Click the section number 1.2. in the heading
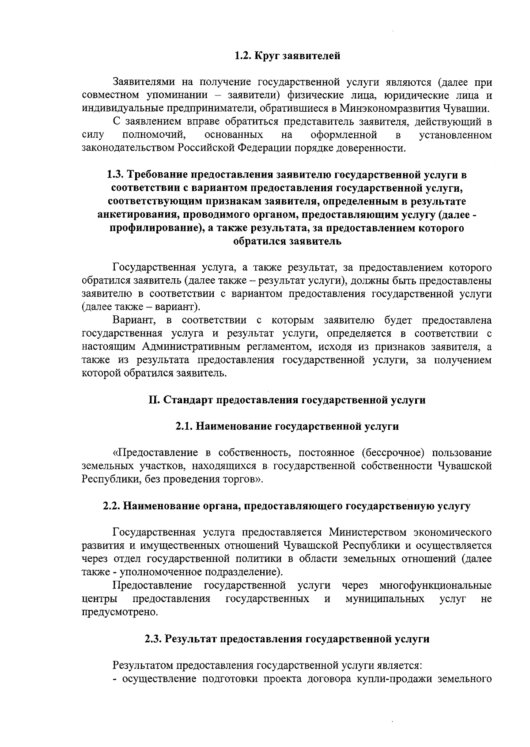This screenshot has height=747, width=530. click(242, 56)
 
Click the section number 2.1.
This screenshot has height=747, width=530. click(184, 427)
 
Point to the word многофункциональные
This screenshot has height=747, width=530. click(435, 586)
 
